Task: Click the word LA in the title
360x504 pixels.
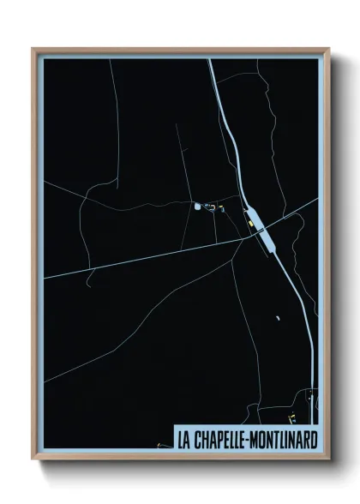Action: [x=183, y=441]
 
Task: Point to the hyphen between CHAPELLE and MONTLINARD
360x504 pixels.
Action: [x=248, y=441]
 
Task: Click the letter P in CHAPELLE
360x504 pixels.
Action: [x=217, y=441]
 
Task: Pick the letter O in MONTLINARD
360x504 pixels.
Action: [x=264, y=441]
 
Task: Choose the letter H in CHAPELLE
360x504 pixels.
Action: [x=202, y=441]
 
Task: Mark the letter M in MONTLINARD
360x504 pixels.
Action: [x=255, y=441]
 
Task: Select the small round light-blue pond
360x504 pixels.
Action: [x=197, y=206]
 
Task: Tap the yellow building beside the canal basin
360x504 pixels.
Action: [x=251, y=225]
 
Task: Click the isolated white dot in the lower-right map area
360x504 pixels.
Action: [x=277, y=318]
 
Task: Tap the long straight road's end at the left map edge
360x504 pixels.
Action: [x=45, y=276]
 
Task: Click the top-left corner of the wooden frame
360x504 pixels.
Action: [x=33, y=49]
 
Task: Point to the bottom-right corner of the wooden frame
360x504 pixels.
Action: [x=328, y=461]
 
